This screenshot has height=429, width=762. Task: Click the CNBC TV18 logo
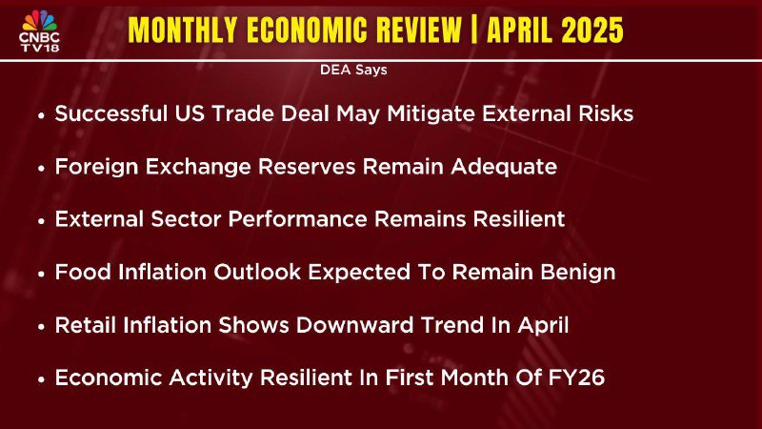pos(40,31)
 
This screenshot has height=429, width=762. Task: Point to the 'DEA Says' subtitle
pos(353,70)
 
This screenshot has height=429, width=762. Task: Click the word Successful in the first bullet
pos(110,113)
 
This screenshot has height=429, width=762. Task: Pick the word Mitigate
pos(431,114)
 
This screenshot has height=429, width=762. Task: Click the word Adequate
pos(504,168)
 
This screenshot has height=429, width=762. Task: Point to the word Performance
pos(297,219)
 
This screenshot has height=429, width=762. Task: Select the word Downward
pos(354,325)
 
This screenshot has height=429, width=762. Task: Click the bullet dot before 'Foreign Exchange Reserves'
pos(42,169)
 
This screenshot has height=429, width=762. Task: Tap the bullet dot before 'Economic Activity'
pos(42,379)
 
